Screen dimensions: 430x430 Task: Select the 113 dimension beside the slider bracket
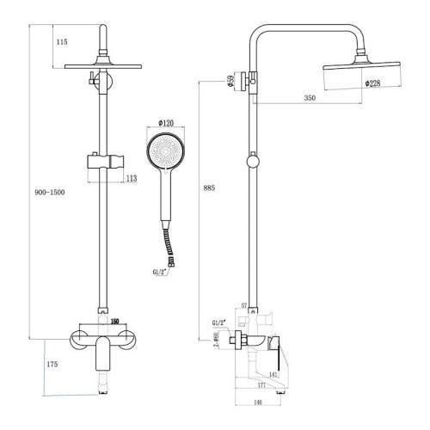pos(132,178)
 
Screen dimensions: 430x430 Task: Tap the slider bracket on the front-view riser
pos(101,161)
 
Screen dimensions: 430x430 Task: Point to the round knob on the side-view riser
pos(252,162)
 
